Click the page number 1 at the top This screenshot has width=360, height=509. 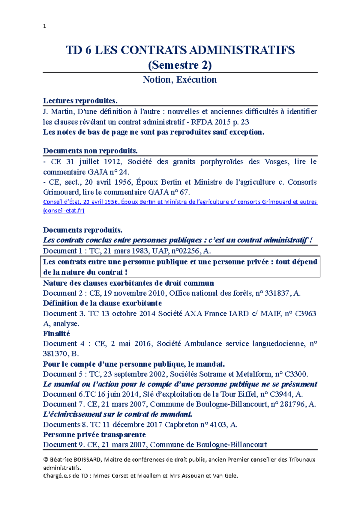45,26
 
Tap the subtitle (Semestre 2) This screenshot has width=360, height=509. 180,65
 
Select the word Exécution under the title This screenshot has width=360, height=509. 196,80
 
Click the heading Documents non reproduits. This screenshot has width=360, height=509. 90,150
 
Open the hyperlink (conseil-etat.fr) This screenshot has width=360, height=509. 64,210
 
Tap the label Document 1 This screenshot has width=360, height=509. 60,251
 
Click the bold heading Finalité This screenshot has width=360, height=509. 56,334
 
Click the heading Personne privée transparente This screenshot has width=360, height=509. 94,435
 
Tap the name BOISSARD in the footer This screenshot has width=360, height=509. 87,460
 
